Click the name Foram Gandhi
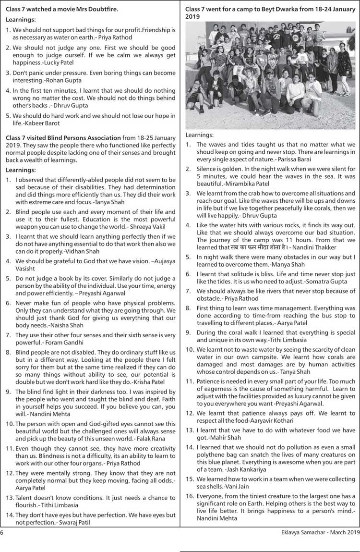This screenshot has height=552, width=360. coord(62,343)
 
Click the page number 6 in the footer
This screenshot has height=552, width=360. coord(2,532)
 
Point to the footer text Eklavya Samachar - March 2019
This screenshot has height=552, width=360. coord(320,532)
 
